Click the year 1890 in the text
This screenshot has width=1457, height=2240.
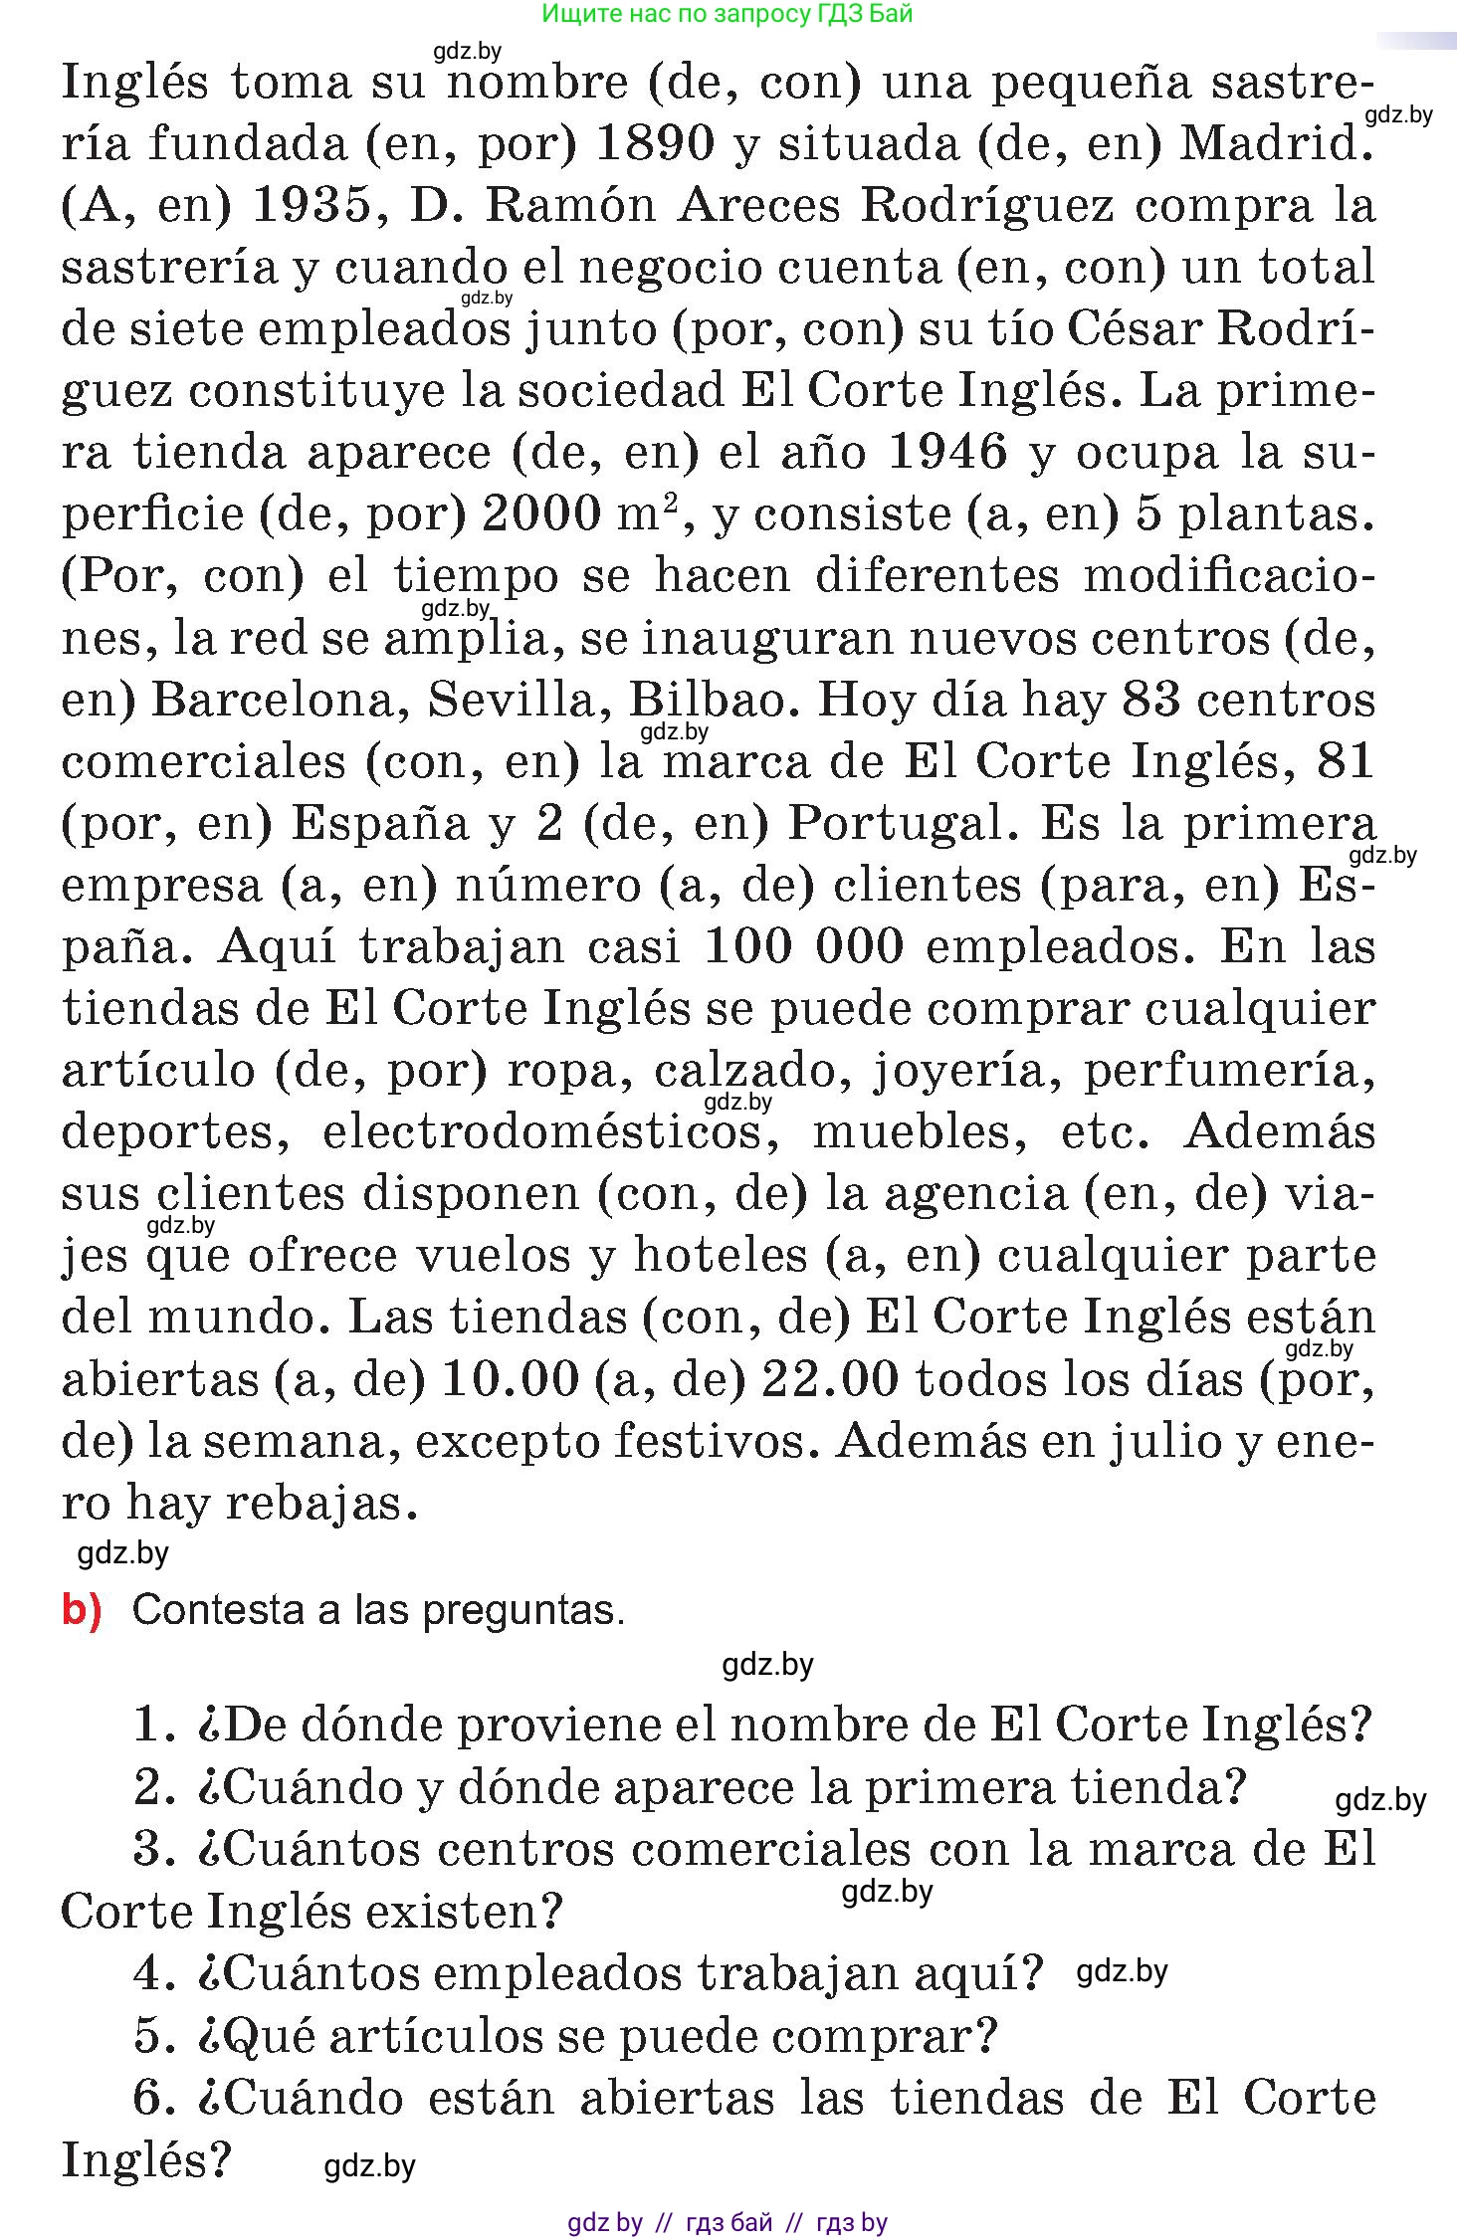pos(654,144)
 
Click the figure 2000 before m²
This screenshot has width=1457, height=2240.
pos(541,514)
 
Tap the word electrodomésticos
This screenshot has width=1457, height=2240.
pos(542,1131)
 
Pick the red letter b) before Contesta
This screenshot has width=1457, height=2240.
pos(82,1609)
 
